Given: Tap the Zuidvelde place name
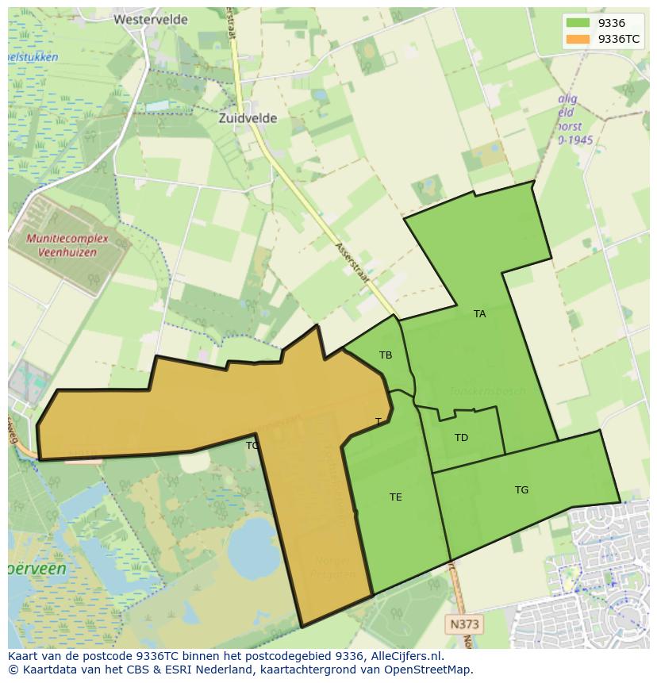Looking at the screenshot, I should click(248, 118).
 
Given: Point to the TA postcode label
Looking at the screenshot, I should click(479, 314).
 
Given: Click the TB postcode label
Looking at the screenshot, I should click(386, 355).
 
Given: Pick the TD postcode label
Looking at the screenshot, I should click(461, 438).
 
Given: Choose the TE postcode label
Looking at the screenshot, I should click(395, 497).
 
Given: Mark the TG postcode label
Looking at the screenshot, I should click(521, 490).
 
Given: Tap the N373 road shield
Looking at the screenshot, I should click(465, 624).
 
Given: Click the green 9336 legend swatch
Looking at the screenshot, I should click(578, 23).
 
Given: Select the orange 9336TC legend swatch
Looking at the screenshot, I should click(578, 39).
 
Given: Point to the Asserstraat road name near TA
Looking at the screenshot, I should click(352, 259).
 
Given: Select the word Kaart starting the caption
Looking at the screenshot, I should click(25, 656).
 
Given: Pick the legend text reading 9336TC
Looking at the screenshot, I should click(619, 39).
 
